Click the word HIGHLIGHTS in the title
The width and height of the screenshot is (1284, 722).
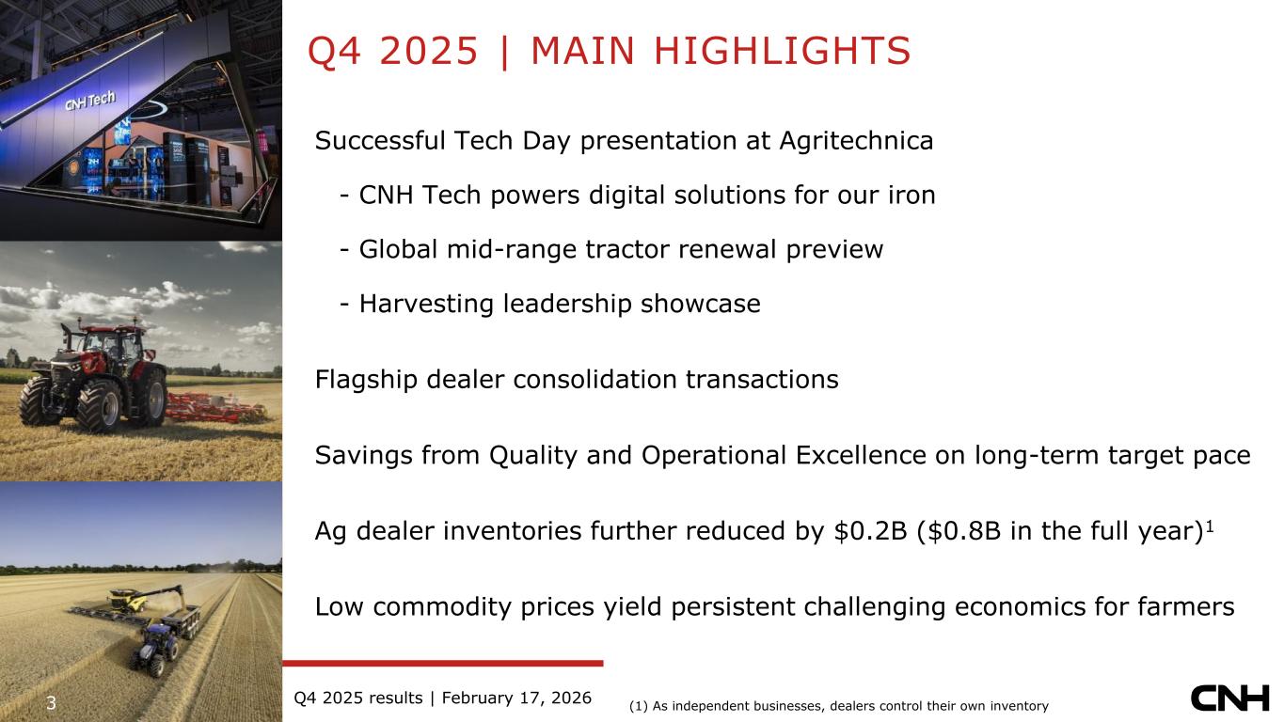[782, 51]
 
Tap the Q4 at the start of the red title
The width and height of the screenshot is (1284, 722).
[334, 52]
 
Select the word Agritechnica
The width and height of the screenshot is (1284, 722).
[856, 142]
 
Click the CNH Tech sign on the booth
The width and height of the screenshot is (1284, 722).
[90, 101]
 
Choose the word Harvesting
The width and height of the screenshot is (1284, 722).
[426, 304]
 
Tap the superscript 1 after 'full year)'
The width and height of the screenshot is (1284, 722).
[1210, 526]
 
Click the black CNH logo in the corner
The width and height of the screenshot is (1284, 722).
[1229, 698]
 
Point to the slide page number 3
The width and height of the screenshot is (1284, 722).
[51, 703]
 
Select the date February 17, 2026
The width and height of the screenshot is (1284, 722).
[516, 698]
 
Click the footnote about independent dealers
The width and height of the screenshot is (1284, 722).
[839, 706]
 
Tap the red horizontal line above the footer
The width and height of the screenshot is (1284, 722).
[442, 664]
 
